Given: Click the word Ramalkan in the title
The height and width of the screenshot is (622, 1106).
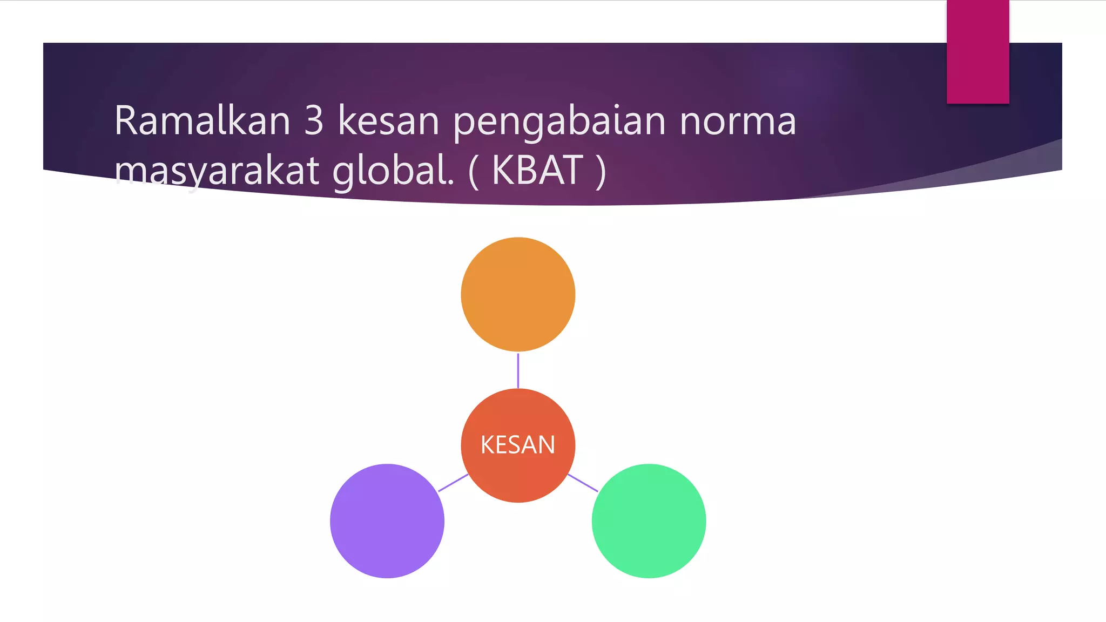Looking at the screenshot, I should coord(202,120).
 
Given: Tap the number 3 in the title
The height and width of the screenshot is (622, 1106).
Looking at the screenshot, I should coord(314,120).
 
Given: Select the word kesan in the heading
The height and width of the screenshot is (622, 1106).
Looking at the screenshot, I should coord(388,120).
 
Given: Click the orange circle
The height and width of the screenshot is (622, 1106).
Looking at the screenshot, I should coord(518,294).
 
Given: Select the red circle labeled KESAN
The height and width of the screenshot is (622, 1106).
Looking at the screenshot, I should coord(518,475).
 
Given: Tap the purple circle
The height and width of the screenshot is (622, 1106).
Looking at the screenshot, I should coord(387,521).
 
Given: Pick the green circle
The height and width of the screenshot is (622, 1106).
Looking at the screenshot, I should coord(649,521).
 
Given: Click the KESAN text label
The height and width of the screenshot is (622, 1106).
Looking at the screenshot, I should coord(518,445).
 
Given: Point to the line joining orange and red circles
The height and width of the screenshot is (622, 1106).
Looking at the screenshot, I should coord(518,370).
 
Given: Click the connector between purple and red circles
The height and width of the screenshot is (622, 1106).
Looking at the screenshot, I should coord(453,483).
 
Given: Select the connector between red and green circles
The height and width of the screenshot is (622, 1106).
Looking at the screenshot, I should coord(583,483).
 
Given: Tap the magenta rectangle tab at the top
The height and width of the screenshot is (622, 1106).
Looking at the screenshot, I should coord(977,51).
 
